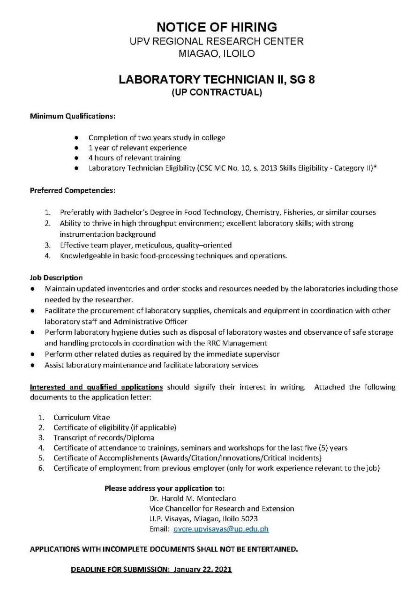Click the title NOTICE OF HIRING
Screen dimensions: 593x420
pyautogui.click(x=217, y=26)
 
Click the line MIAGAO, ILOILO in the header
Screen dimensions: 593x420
pyautogui.click(x=217, y=54)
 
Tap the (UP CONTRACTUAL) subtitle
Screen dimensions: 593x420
pyautogui.click(x=217, y=92)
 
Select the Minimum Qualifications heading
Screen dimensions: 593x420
pyautogui.click(x=73, y=115)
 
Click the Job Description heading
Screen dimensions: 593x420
pyautogui.click(x=56, y=278)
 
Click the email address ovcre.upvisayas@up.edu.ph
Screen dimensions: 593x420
pyautogui.click(x=221, y=529)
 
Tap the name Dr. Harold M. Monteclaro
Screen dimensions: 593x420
pyautogui.click(x=193, y=498)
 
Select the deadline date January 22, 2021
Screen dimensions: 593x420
pyautogui.click(x=202, y=570)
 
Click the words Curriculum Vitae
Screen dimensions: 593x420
pyautogui.click(x=82, y=417)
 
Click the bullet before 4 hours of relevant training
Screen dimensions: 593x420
pyautogui.click(x=76, y=158)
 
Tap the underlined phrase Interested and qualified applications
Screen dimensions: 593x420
pyautogui.click(x=97, y=387)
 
